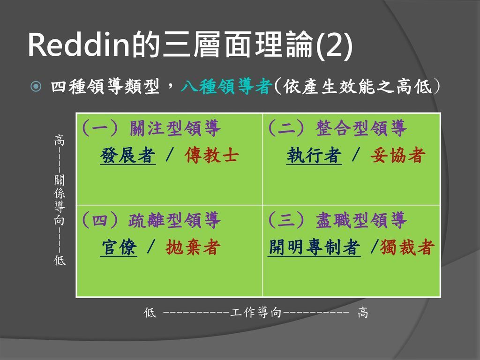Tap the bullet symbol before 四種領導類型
(x=36, y=87)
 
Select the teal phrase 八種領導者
(x=227, y=87)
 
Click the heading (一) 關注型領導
(x=150, y=129)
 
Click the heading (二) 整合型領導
(x=337, y=129)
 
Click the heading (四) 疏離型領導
(x=150, y=220)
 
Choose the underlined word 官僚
(x=119, y=247)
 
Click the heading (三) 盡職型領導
(x=337, y=220)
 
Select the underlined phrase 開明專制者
(x=315, y=247)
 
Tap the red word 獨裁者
(x=406, y=247)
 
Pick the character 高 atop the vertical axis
(x=60, y=140)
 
